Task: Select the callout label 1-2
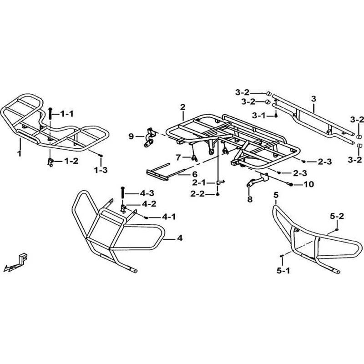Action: pyautogui.click(x=71, y=161)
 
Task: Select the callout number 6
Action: pyautogui.click(x=181, y=174)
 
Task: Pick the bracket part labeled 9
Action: pyautogui.click(x=148, y=137)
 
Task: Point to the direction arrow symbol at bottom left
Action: pyautogui.click(x=17, y=262)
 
